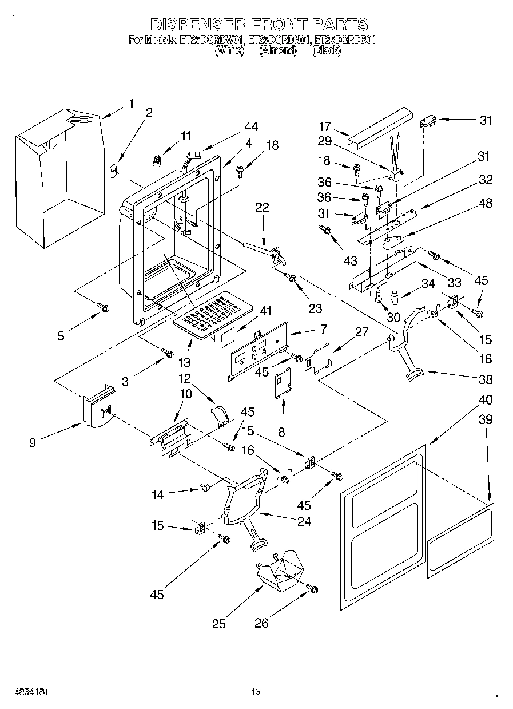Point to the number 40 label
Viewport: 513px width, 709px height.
[485, 399]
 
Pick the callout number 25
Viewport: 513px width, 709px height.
[220, 624]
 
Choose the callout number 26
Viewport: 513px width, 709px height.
[261, 623]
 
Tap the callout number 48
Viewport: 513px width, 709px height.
[485, 203]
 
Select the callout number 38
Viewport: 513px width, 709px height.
[485, 379]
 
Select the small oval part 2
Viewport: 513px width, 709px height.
[113, 169]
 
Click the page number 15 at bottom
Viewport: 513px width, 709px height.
[256, 692]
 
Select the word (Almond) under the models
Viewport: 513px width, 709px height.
[278, 50]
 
